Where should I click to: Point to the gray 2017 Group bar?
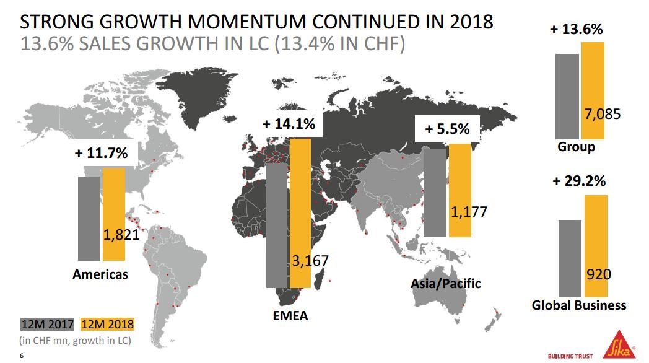[567, 96]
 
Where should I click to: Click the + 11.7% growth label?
[102, 153]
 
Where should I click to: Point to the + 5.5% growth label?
[447, 129]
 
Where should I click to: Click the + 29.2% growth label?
[579, 181]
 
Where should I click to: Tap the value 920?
[598, 274]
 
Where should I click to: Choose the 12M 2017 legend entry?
[47, 324]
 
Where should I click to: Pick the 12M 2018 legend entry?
[107, 324]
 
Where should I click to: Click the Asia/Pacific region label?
[445, 284]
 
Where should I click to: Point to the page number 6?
[22, 356]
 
